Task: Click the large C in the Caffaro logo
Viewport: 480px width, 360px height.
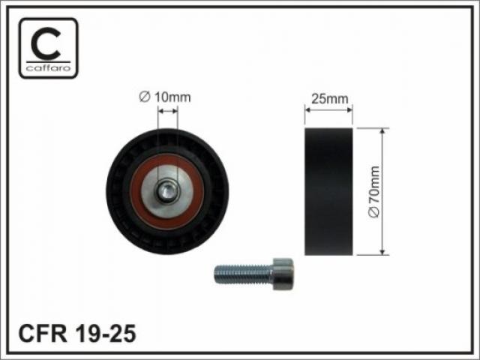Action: (x=46, y=43)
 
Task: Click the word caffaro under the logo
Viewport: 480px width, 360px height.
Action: (x=48, y=68)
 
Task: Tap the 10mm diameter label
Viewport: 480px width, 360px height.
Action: (x=165, y=97)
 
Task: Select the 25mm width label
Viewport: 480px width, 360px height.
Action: (x=330, y=99)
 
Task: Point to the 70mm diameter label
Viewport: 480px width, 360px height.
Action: (x=374, y=192)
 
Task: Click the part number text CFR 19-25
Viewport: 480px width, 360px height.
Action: (x=77, y=333)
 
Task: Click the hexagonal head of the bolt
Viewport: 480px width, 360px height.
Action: (x=283, y=274)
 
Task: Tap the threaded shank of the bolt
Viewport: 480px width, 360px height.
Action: (x=243, y=274)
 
